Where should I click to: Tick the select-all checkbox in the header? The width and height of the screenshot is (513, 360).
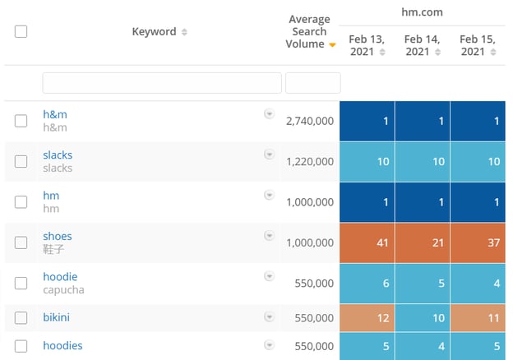click(21, 32)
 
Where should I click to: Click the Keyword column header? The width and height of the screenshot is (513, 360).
click(154, 32)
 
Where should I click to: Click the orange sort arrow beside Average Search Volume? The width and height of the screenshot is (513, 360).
click(332, 45)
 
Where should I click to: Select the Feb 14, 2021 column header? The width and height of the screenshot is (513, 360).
click(422, 45)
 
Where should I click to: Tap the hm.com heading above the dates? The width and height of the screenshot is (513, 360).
click(422, 12)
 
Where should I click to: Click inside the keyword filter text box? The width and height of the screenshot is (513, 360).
click(162, 83)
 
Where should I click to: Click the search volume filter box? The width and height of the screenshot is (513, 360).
click(312, 83)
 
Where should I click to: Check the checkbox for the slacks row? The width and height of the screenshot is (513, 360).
click(21, 161)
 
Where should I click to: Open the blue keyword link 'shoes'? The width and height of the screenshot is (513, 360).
click(58, 236)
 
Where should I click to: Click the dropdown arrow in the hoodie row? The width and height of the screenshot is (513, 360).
click(269, 276)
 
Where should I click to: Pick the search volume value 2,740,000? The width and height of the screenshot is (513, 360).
click(310, 121)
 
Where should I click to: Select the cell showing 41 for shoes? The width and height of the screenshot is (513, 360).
click(367, 243)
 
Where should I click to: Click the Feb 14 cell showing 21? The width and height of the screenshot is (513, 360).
click(423, 243)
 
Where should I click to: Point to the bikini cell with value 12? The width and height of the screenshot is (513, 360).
click(367, 318)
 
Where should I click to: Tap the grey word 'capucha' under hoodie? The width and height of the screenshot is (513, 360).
click(63, 290)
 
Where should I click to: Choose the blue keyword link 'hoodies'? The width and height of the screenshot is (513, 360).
click(62, 345)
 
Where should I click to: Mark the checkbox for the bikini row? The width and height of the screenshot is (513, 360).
click(21, 317)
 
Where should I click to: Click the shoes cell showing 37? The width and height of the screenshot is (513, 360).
click(478, 243)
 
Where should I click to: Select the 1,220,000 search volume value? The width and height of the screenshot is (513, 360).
click(310, 162)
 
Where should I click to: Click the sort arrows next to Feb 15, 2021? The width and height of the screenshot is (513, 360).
click(493, 52)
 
